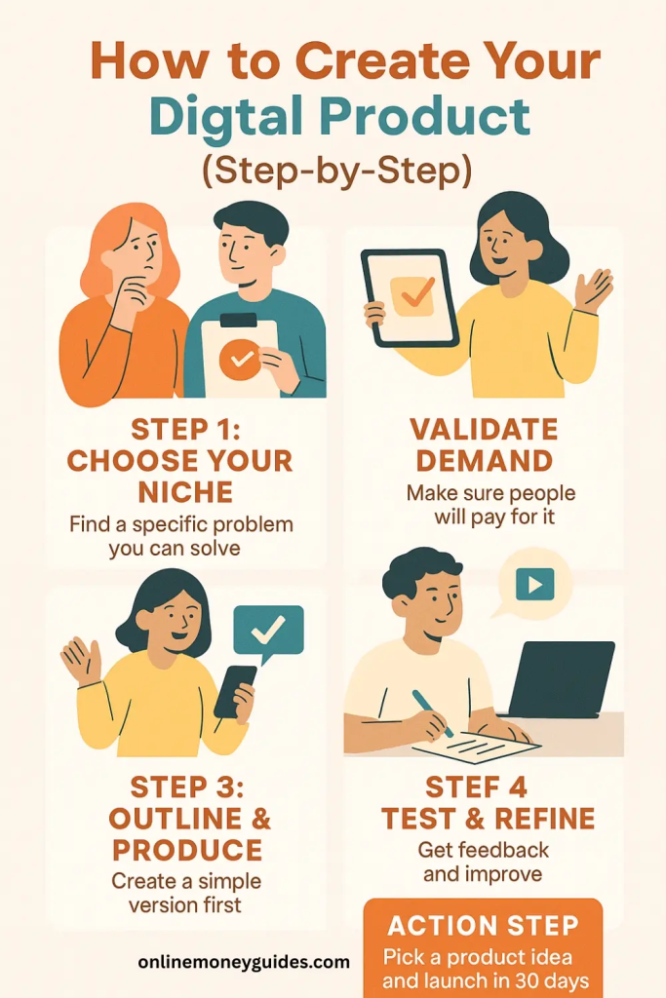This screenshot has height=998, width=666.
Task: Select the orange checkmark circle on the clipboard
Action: pyautogui.click(x=240, y=360)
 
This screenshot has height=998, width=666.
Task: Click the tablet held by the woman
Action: pyautogui.click(x=410, y=298)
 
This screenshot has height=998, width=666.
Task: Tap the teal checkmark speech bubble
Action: pyautogui.click(x=267, y=633)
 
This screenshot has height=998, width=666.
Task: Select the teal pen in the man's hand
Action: pyautogui.click(x=432, y=712)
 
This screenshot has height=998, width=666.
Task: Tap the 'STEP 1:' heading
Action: pyautogui.click(x=186, y=430)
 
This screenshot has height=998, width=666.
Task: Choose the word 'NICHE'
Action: pyautogui.click(x=185, y=492)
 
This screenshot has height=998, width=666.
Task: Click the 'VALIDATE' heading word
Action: pyautogui.click(x=484, y=430)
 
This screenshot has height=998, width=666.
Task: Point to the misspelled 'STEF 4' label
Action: pyautogui.click(x=476, y=787)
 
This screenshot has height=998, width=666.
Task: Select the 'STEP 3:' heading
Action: pyautogui.click(x=187, y=787)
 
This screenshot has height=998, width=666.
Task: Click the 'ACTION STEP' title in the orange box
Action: pyautogui.click(x=483, y=926)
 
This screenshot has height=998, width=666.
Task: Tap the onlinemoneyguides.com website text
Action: pyautogui.click(x=244, y=962)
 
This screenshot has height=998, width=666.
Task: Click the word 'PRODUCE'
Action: pyautogui.click(x=187, y=850)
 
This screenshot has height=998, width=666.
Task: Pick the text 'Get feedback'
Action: pyautogui.click(x=484, y=850)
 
